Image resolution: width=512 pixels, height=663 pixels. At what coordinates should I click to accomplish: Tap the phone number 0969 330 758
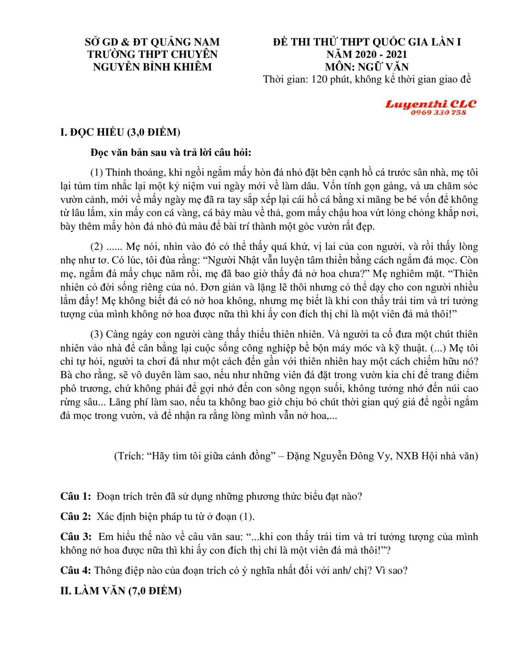pos(438,113)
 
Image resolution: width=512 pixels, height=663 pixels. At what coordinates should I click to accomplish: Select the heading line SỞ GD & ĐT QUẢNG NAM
pos(152,42)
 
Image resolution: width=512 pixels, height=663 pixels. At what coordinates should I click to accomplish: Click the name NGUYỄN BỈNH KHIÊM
pos(152,67)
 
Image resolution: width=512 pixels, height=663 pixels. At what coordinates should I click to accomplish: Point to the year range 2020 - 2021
pos(384,54)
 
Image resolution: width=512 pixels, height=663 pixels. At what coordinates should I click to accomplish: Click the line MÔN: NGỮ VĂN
pos(367,67)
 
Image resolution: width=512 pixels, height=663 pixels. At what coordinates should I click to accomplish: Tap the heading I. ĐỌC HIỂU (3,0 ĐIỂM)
pos(120,132)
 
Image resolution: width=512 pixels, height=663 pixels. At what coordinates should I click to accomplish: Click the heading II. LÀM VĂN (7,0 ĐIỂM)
pos(121,591)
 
